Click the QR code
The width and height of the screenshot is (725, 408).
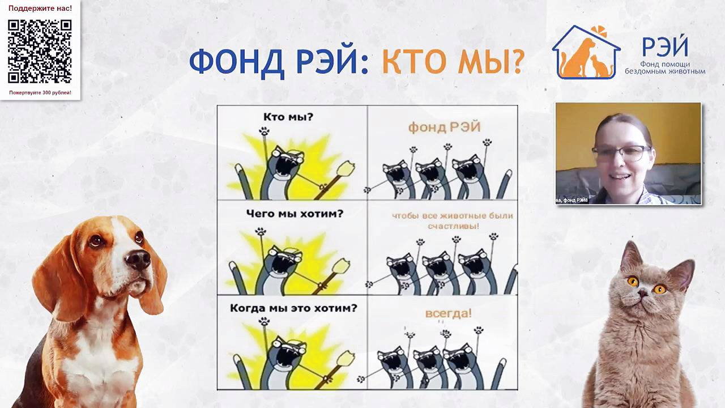tap(40, 52)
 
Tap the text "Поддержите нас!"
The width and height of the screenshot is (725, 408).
tap(40, 8)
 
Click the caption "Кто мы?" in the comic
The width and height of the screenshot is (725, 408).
tap(288, 117)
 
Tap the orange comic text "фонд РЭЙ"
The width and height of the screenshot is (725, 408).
tap(444, 127)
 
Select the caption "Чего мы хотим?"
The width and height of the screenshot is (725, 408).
tap(295, 214)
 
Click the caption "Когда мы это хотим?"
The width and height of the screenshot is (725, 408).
tap(293, 308)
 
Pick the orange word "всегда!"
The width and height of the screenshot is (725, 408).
tap(448, 313)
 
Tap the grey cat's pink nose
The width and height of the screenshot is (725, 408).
tap(643, 294)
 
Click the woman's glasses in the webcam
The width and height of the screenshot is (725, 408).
tap(621, 152)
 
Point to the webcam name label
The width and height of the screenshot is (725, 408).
tap(572, 200)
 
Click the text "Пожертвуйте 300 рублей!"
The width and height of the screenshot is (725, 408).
tap(40, 92)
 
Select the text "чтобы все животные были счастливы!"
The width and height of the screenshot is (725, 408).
tap(452, 220)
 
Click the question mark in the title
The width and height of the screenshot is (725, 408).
tap(515, 62)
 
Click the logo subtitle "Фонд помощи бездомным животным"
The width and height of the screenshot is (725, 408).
tap(665, 68)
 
